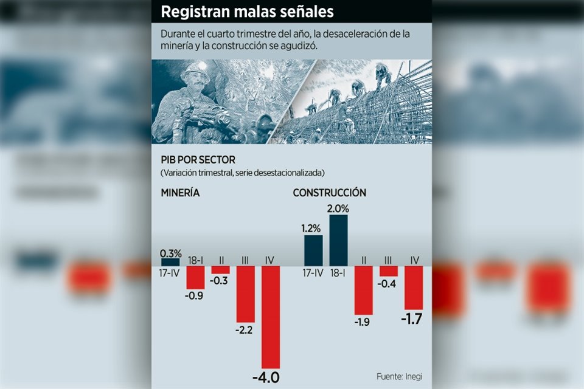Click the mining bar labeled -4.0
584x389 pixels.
point(270,315)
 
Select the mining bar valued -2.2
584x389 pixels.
point(245,294)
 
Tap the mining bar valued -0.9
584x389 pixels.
point(195,277)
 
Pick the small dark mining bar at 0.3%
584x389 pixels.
point(170,262)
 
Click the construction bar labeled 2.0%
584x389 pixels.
point(338,240)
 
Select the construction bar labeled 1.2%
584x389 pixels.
point(313,250)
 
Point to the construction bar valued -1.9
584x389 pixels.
point(363,290)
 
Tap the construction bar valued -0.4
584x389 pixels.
point(388,271)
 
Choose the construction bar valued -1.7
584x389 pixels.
point(414,287)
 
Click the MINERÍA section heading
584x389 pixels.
point(181,193)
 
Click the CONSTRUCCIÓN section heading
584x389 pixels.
point(329,193)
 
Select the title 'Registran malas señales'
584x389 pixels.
point(247,12)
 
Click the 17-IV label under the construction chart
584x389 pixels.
point(313,273)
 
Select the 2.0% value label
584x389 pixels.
point(339,208)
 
